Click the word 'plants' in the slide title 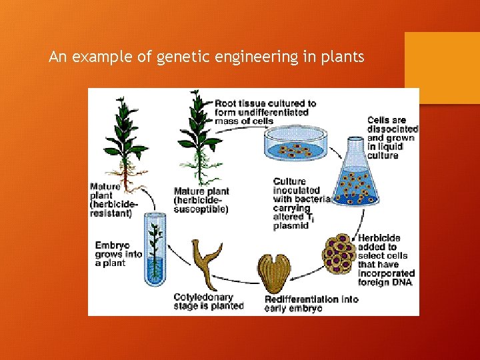point(343,57)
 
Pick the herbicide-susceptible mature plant point(197,133)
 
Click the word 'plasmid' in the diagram point(290,226)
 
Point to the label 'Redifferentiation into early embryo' point(311,303)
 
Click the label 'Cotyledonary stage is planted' point(208,301)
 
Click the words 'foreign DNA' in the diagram point(385,282)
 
